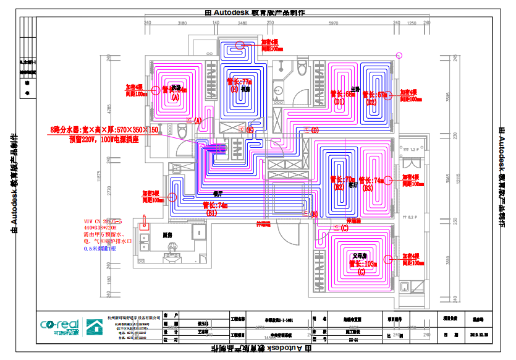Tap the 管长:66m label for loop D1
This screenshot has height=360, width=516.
(x=344, y=95)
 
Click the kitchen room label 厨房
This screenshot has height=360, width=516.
(x=167, y=235)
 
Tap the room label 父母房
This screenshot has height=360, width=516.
(x=360, y=255)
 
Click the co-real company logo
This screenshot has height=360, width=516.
(x=59, y=326)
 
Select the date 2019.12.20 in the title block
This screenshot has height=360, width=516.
(x=480, y=335)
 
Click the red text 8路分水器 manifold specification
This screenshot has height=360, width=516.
(x=104, y=131)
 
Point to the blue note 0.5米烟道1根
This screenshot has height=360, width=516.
(x=100, y=248)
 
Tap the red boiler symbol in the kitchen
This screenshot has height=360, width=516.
(x=145, y=223)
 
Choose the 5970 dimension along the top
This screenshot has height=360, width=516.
(x=333, y=23)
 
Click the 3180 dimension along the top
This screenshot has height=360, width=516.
(x=182, y=23)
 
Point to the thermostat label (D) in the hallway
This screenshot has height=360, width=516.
(x=315, y=131)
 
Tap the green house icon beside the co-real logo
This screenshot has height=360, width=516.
(x=95, y=326)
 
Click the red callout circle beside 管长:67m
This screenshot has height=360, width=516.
(x=391, y=95)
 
